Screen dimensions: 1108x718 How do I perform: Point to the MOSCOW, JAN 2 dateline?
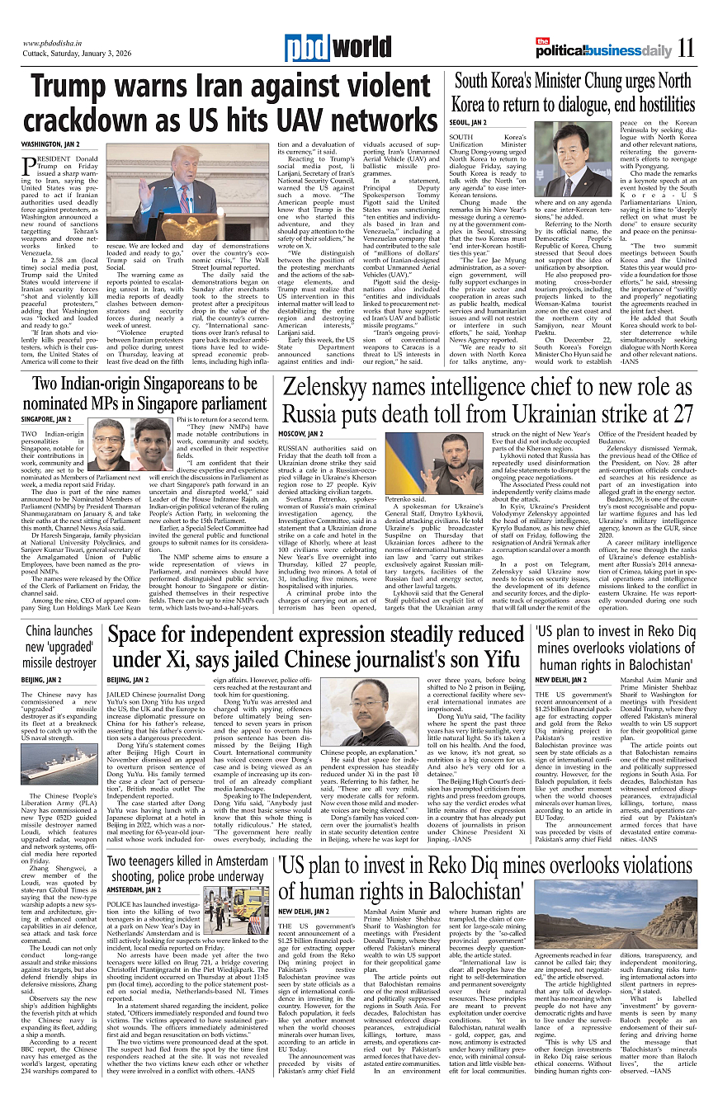point(301,433)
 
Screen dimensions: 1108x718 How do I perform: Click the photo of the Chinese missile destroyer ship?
point(59,766)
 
